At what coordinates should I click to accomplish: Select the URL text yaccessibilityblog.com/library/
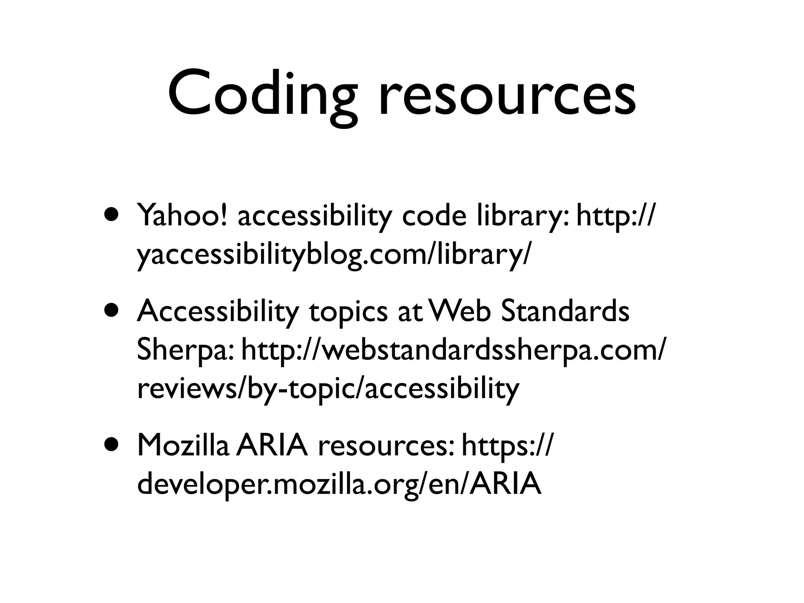click(x=334, y=254)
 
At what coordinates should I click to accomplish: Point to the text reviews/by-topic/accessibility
click(x=328, y=388)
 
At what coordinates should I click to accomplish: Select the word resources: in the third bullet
click(x=386, y=446)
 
